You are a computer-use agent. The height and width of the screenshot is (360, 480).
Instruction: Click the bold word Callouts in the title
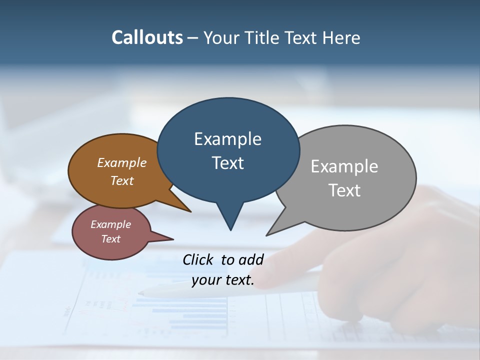[147, 37]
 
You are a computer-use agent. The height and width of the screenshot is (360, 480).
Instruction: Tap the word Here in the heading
[341, 38]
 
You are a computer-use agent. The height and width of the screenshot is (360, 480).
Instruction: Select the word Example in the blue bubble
[227, 139]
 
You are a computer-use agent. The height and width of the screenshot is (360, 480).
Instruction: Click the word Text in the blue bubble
[227, 163]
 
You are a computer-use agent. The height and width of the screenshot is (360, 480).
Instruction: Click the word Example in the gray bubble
[344, 166]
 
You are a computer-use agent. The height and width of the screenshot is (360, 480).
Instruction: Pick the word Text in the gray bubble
[344, 190]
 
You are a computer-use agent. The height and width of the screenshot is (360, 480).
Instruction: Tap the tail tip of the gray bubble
[267, 235]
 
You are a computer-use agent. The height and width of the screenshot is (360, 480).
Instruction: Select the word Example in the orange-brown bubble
[121, 163]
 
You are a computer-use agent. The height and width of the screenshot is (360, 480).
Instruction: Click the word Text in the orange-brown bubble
[122, 180]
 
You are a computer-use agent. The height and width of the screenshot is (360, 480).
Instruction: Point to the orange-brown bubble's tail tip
[190, 211]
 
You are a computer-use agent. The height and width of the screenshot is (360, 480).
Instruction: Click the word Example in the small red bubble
[110, 224]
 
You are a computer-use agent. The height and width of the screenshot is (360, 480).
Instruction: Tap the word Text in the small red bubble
[110, 239]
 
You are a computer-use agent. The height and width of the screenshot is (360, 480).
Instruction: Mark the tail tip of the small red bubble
[173, 239]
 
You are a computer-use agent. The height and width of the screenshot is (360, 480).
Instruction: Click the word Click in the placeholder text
[199, 259]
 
